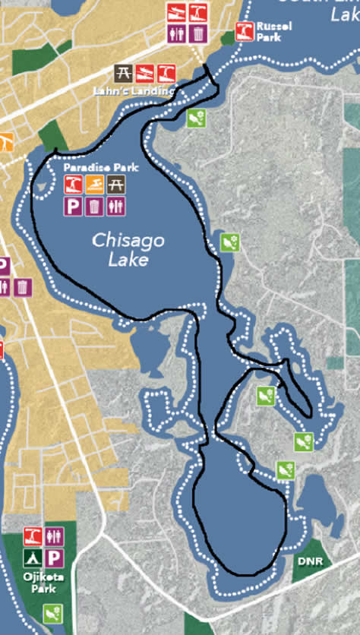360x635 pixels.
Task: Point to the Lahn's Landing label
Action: [x=144, y=90]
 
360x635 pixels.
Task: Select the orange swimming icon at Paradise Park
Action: [x=95, y=184]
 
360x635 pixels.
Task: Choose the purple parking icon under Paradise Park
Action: [x=73, y=205]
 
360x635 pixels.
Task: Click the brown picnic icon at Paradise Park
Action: [x=116, y=184]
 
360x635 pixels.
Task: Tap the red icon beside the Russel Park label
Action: [x=244, y=31]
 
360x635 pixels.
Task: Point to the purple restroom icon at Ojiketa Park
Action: [x=55, y=537]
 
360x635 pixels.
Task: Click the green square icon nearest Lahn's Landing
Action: [x=196, y=118]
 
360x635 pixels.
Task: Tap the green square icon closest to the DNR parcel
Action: [x=285, y=470]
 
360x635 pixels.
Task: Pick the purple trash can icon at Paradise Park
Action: [x=95, y=205]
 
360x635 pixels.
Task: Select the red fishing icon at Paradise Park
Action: [x=73, y=184]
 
